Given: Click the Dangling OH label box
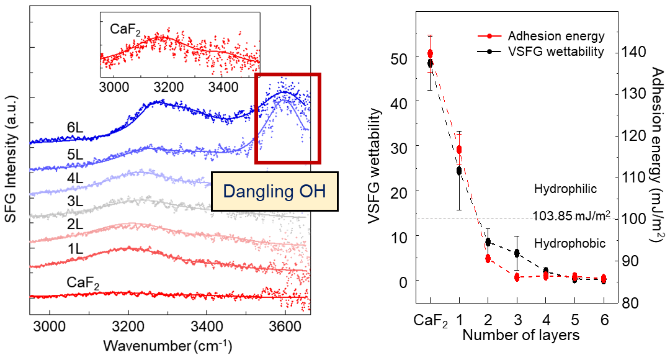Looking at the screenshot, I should (x=275, y=192).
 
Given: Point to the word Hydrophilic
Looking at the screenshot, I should (x=565, y=188).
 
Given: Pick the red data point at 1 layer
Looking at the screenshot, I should (x=459, y=150).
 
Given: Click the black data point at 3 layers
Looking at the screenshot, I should (x=517, y=253).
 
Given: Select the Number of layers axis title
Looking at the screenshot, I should (x=520, y=335).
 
